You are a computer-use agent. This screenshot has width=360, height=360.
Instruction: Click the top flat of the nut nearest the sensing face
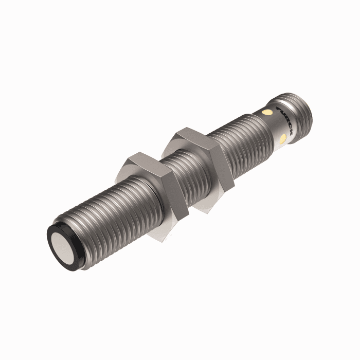141,160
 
